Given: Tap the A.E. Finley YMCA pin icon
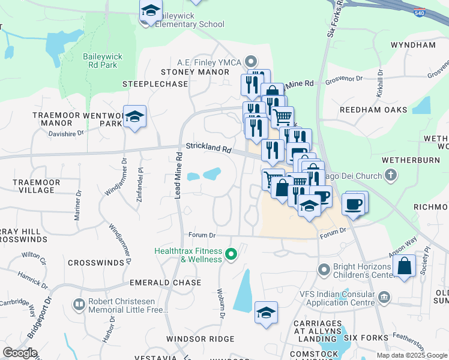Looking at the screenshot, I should (252, 61).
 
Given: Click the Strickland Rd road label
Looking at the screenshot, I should (208, 148).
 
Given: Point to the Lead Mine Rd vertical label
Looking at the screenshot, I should (178, 177).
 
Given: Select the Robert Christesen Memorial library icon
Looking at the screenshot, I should (79, 305).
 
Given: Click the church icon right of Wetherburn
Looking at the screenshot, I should (391, 176).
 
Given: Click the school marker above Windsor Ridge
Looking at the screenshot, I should (266, 312).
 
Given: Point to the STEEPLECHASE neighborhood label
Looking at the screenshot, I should (155, 84).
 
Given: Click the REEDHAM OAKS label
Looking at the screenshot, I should (373, 110).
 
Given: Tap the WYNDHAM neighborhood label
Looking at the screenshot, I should (413, 45).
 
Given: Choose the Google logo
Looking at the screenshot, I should (20, 353).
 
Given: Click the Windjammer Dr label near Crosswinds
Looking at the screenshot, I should (119, 244).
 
